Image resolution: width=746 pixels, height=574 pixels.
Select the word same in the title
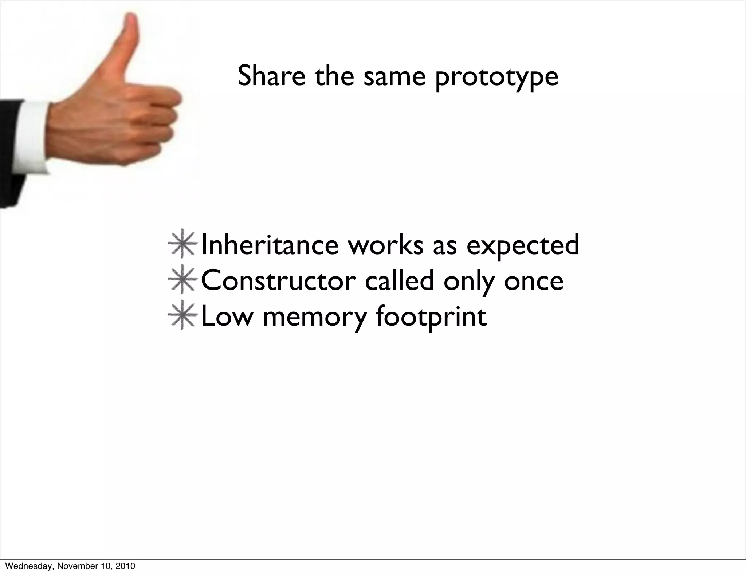click(395, 76)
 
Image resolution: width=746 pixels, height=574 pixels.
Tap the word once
click(534, 282)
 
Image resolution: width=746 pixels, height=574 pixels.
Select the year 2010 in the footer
click(126, 566)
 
